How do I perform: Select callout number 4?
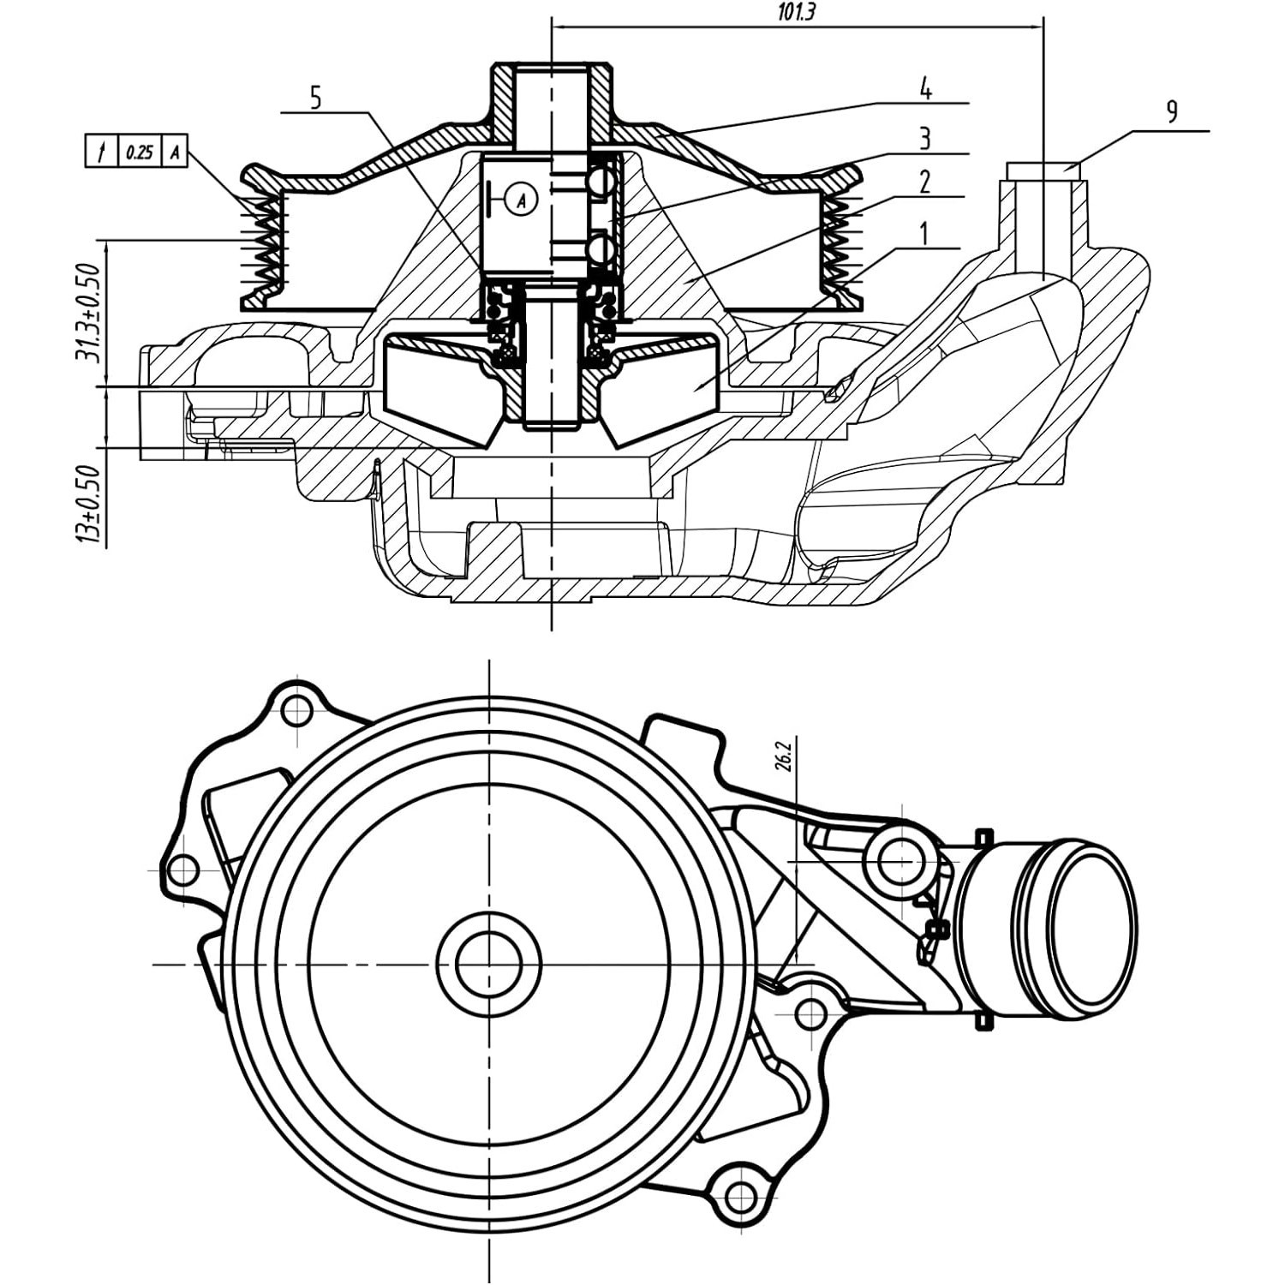coord(925,87)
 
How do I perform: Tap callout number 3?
coord(924,137)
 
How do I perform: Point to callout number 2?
coord(924,182)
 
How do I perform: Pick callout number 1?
coord(923,233)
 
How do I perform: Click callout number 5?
coord(315,98)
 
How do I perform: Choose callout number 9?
coord(1172,111)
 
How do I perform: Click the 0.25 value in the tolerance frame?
coord(139,152)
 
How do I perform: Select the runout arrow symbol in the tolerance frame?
coord(102,152)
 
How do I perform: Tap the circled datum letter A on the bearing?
coord(521,200)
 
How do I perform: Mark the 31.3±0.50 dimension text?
coord(88,313)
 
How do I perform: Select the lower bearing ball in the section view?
coord(601,249)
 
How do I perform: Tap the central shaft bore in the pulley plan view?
coord(488,964)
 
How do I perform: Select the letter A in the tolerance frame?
coord(175,152)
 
